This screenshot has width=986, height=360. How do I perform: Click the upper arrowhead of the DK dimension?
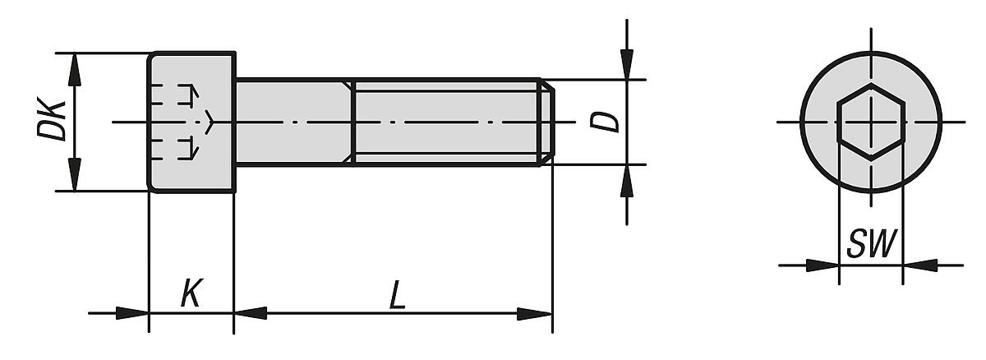75,69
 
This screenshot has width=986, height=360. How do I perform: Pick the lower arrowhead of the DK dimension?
75,176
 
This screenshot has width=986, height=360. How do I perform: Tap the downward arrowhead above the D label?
627,64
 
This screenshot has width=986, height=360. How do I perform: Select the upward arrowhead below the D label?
627,181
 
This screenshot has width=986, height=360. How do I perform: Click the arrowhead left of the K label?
133,313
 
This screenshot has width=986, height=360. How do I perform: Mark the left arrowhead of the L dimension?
251,313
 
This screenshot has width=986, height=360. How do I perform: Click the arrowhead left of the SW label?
822,265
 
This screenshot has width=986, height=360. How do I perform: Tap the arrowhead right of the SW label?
919,265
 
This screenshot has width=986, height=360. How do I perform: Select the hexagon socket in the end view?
871,122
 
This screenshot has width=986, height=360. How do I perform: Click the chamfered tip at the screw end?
546,122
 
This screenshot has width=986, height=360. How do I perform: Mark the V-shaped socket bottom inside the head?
210,122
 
